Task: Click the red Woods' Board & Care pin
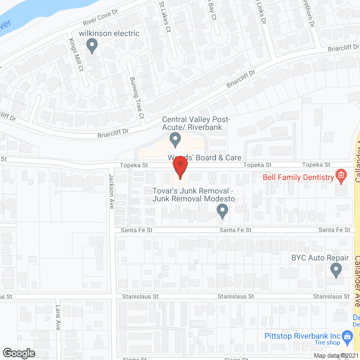179,168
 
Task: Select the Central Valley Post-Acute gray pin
175,138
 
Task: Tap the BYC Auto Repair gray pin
336,271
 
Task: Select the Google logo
18,353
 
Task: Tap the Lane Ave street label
58,318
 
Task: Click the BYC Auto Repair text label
316,258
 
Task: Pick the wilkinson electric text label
109,34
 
